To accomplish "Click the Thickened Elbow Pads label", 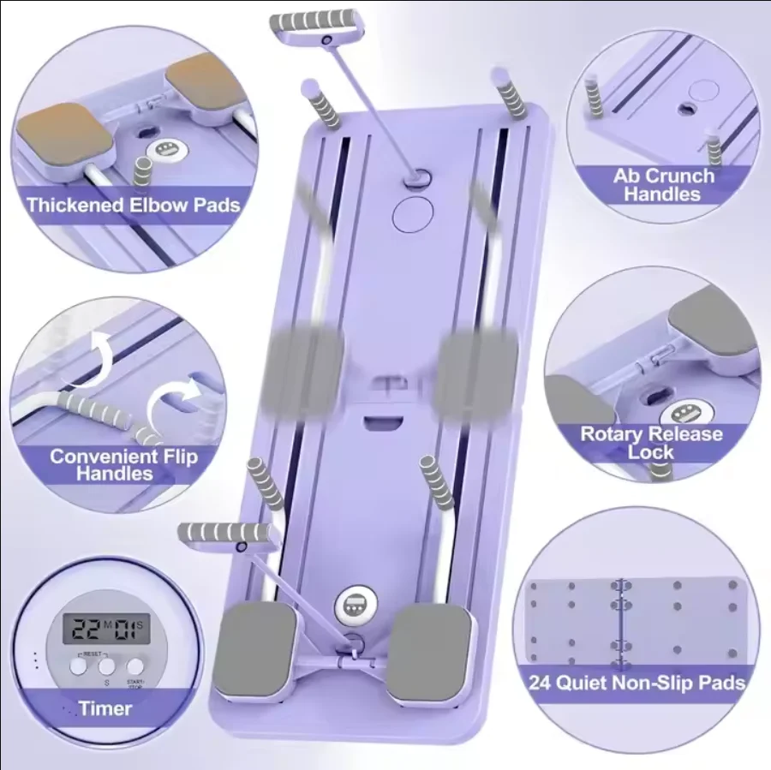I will tap(133, 206).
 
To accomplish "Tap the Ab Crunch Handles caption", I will tap(663, 185).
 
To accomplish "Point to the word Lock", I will tap(650, 452).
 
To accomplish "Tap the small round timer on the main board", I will tap(353, 603).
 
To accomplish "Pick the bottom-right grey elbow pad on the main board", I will tap(432, 648).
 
